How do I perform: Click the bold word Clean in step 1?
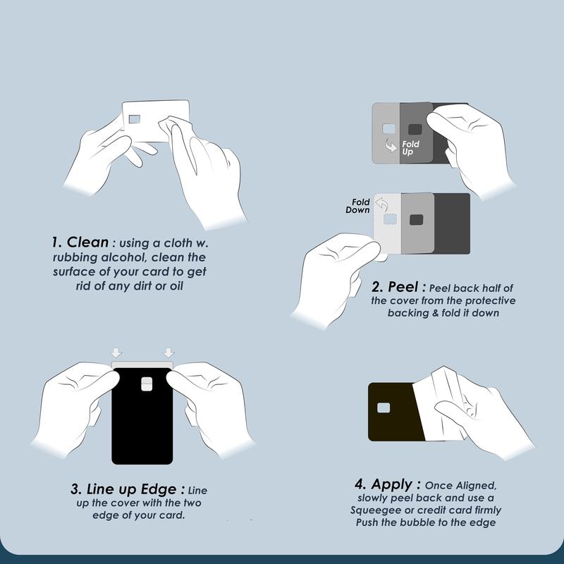click(x=87, y=242)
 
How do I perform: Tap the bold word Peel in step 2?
click(x=403, y=287)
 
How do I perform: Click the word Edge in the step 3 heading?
click(x=158, y=489)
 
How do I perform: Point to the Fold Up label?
click(x=410, y=148)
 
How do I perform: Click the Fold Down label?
click(x=358, y=206)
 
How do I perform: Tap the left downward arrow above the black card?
click(x=117, y=352)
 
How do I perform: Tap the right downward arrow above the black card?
click(x=168, y=352)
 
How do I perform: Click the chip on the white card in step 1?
click(x=134, y=119)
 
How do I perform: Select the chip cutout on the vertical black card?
click(x=147, y=384)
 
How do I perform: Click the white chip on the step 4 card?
click(x=384, y=408)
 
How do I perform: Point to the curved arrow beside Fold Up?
click(x=391, y=145)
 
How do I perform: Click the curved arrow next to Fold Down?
click(x=381, y=204)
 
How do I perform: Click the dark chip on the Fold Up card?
click(x=415, y=129)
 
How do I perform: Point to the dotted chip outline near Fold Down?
click(x=390, y=219)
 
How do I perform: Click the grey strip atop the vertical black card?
click(x=142, y=364)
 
